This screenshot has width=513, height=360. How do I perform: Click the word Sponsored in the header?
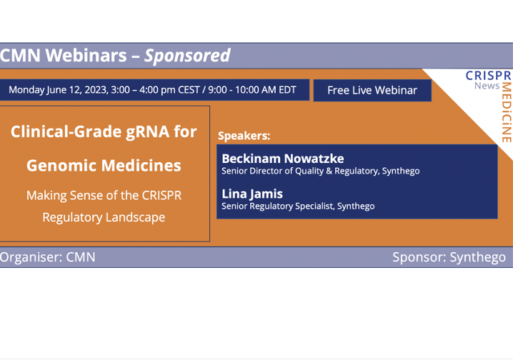click(x=187, y=56)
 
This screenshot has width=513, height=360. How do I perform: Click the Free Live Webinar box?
click(x=372, y=90)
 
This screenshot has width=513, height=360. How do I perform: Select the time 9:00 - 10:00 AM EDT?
click(x=252, y=90)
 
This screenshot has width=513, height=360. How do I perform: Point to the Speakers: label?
click(x=244, y=134)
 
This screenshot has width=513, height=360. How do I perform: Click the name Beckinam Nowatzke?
click(x=282, y=159)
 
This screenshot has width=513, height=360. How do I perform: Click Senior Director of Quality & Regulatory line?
click(x=320, y=171)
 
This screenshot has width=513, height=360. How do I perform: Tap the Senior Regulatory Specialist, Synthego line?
click(x=297, y=206)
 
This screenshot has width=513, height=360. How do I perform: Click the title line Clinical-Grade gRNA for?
click(x=104, y=132)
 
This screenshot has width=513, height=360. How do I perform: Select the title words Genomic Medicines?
click(x=104, y=166)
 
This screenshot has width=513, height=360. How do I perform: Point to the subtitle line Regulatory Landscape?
click(x=104, y=217)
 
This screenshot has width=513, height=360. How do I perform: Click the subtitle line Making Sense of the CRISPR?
click(x=104, y=195)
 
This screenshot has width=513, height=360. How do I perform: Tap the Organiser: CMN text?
click(x=48, y=257)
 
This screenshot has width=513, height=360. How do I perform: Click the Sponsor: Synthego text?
click(x=449, y=257)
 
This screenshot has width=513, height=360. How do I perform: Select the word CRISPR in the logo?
click(x=488, y=75)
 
